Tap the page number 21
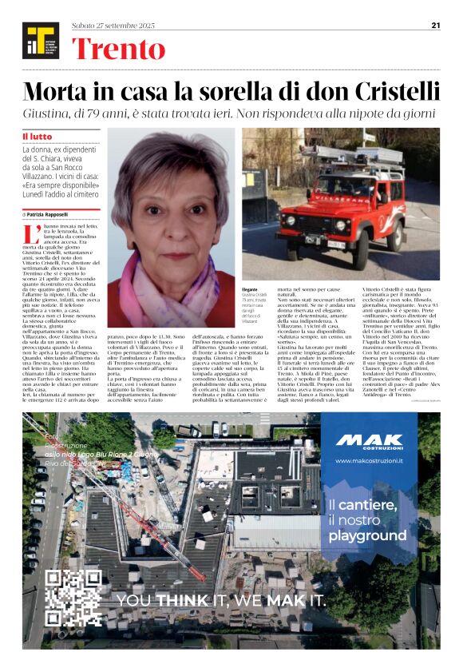(436, 25)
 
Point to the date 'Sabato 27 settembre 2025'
(113, 26)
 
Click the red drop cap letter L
(31, 235)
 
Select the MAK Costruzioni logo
(369, 442)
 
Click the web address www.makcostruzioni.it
(369, 462)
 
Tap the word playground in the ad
(367, 535)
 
